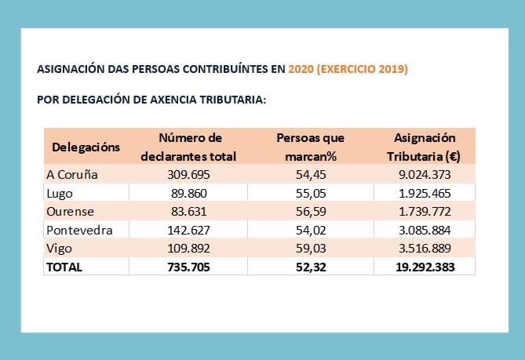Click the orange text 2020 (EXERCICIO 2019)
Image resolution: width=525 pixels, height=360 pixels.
[348, 69]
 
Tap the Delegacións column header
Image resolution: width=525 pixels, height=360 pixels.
[86, 147]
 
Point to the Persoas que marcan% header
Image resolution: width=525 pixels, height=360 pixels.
[311, 147]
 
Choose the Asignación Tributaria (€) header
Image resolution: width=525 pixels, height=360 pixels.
[424, 147]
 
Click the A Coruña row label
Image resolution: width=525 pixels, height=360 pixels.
[72, 174]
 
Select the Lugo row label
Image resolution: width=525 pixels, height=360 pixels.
[60, 193]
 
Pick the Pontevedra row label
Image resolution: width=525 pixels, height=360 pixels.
[79, 230]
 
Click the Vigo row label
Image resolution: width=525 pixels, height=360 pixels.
[60, 248]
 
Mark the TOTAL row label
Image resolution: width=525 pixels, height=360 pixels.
[64, 267]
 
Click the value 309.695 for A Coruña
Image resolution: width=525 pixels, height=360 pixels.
[190, 174]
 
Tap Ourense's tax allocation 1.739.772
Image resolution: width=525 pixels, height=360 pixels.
[424, 211]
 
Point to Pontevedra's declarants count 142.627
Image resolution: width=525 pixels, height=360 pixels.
[190, 230]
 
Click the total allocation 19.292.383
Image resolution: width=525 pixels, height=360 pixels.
[424, 267]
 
